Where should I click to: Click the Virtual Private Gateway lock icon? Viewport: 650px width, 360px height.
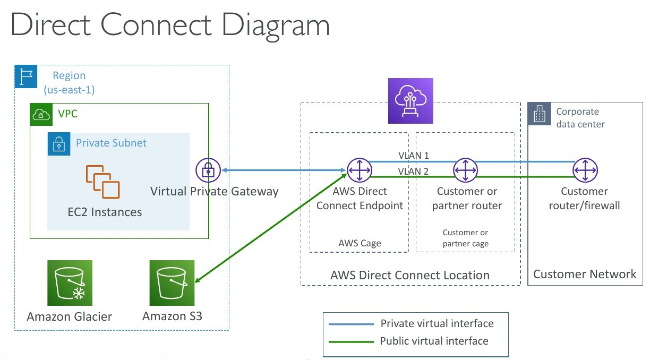click(x=208, y=170)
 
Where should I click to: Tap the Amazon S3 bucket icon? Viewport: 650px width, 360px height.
click(x=173, y=282)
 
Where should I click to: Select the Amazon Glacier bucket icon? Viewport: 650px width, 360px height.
click(x=70, y=282)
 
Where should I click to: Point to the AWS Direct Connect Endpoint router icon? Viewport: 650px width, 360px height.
click(x=360, y=170)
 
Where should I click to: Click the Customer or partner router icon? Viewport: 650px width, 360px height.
click(x=465, y=170)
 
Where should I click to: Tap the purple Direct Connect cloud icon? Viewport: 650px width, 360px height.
click(x=410, y=101)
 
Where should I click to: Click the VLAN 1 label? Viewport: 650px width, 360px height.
click(x=414, y=156)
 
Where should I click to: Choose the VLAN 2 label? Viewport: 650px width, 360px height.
click(x=414, y=171)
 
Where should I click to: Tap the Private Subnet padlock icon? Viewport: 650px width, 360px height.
click(x=59, y=144)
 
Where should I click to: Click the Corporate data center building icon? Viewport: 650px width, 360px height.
click(x=539, y=114)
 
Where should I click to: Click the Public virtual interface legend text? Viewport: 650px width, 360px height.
click(x=434, y=341)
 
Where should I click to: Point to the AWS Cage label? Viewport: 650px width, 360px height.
click(x=360, y=243)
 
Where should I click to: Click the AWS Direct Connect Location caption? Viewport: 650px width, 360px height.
click(x=409, y=275)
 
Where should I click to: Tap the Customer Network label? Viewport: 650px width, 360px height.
click(x=585, y=274)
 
